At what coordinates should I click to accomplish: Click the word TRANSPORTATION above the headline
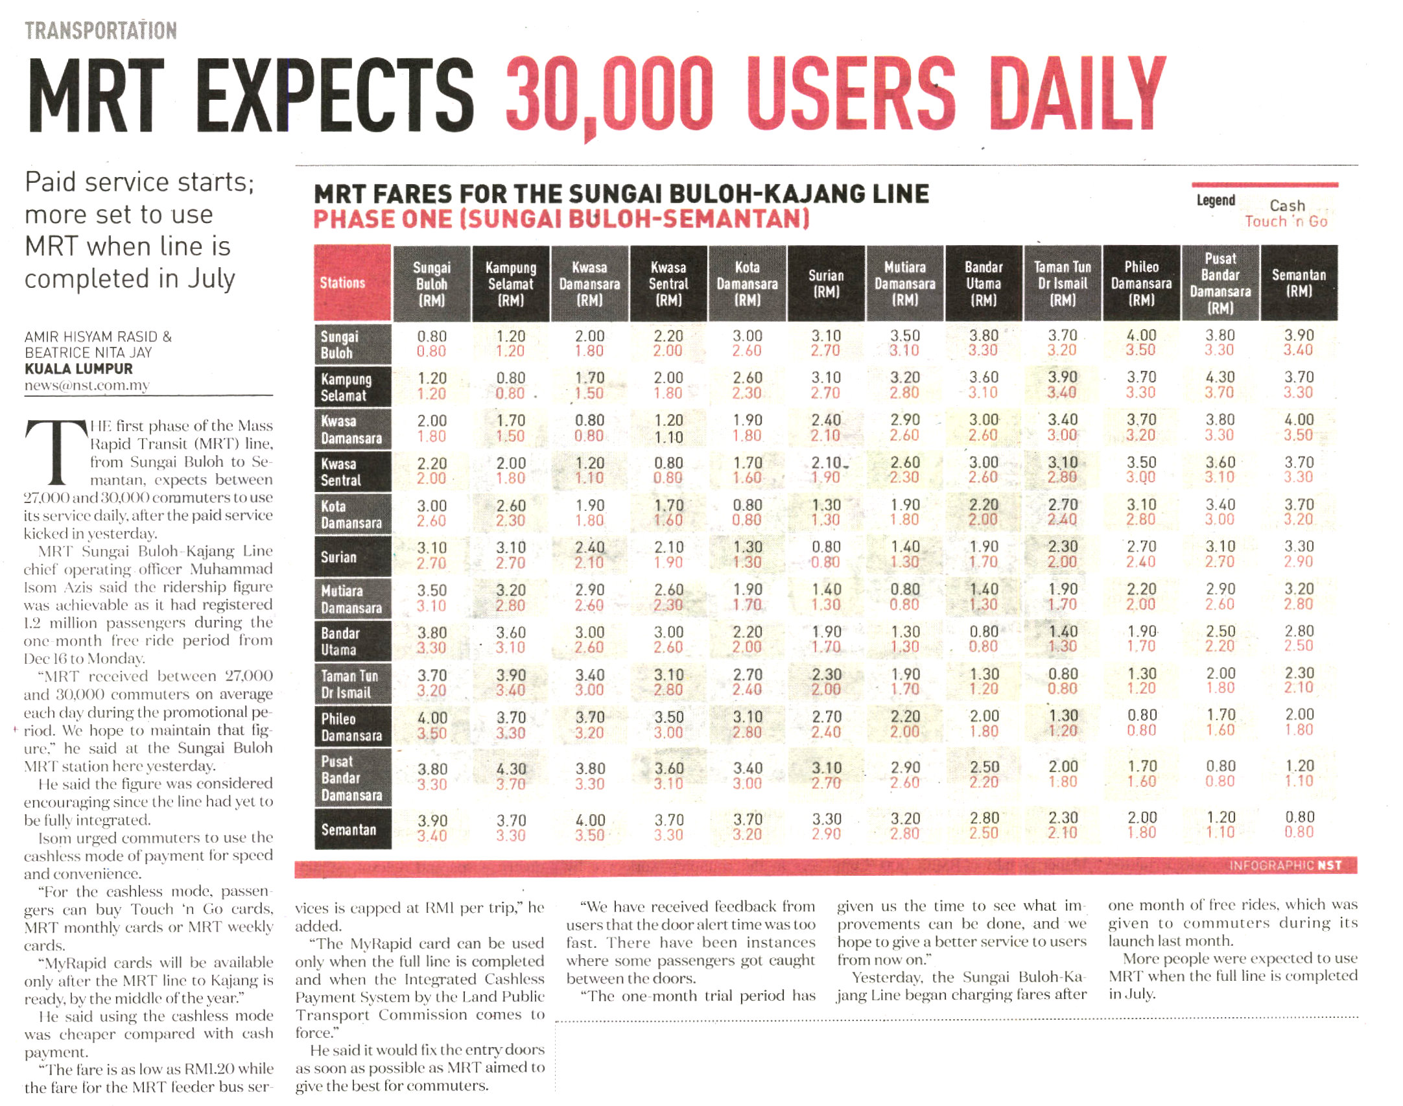pos(100,30)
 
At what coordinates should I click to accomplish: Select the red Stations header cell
pos(352,283)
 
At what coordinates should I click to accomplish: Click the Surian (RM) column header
pos(826,283)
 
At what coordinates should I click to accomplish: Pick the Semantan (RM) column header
pos(1299,283)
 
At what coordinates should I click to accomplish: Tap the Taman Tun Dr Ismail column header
pos(1062,283)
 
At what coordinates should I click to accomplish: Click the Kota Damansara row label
pos(352,515)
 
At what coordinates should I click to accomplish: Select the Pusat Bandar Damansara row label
pos(352,778)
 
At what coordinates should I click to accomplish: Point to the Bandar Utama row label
pos(352,642)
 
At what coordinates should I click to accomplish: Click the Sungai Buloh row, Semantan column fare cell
pos(1299,344)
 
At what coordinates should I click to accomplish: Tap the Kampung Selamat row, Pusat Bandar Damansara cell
pos(1220,385)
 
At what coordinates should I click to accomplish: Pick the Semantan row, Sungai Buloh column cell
pos(432,829)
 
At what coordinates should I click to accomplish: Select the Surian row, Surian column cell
pos(826,555)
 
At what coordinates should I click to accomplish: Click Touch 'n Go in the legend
pos(1286,222)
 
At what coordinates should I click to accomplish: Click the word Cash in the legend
pos(1287,206)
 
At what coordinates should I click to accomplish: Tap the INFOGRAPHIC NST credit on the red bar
pos(1284,865)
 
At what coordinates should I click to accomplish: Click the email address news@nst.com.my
pos(87,385)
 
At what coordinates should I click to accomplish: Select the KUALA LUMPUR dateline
pos(78,369)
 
